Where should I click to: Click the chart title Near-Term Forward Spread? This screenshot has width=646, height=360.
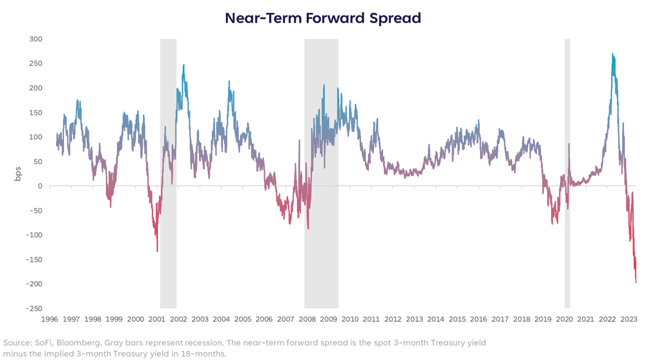coord(322,18)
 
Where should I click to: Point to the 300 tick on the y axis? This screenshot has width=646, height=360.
coord(35,39)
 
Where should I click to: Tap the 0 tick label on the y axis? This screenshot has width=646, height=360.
coord(39,186)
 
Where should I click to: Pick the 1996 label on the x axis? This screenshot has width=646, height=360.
coord(50,319)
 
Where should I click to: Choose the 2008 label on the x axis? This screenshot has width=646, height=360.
coord(307,319)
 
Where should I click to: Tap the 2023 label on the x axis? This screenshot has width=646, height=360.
coord(628,319)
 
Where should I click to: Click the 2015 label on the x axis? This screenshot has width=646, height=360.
coord(457,319)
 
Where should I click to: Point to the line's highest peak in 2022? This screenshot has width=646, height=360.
coord(612,54)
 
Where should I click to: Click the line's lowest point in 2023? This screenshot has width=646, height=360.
coord(636,282)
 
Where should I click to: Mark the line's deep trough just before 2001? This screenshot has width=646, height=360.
coord(157,251)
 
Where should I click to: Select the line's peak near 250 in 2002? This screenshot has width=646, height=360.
coord(183,65)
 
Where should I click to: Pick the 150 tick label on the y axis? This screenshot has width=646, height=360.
coord(35,112)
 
